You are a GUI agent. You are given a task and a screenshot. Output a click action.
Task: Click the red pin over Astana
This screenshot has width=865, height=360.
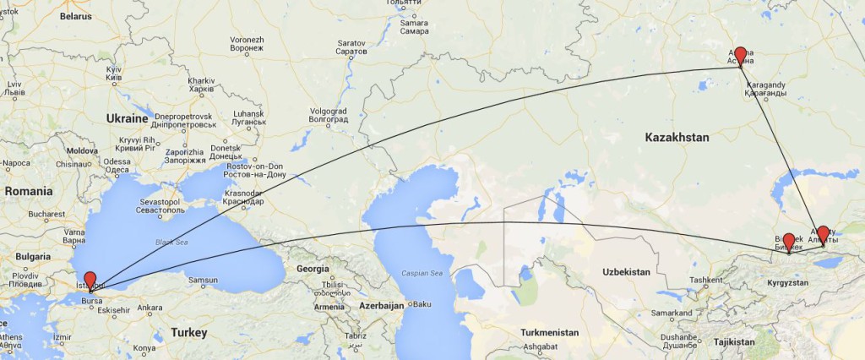pyautogui.click(x=740, y=56)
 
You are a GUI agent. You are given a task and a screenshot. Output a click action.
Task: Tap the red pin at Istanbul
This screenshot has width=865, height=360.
pyautogui.click(x=90, y=281)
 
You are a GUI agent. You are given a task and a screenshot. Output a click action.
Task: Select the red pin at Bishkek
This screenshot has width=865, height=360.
pyautogui.click(x=788, y=242)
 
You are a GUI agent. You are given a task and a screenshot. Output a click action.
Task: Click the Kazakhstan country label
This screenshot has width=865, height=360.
pyautogui.click(x=677, y=137)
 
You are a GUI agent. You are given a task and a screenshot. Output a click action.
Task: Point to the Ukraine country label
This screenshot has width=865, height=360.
pyautogui.click(x=128, y=119)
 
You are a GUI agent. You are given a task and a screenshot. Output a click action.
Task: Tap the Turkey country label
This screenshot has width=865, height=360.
pyautogui.click(x=188, y=333)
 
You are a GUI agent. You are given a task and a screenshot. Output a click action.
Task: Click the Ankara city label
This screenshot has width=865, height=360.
pyautogui.click(x=150, y=308)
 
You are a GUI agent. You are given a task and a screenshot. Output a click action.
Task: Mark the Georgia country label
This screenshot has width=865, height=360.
pyautogui.click(x=313, y=269)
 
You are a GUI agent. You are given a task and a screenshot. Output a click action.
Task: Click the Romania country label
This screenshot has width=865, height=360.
pyautogui.click(x=29, y=192)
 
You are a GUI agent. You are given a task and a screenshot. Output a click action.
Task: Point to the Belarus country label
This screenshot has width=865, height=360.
pyautogui.click(x=75, y=16)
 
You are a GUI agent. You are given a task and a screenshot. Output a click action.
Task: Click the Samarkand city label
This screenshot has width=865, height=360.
pyautogui.click(x=672, y=314)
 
